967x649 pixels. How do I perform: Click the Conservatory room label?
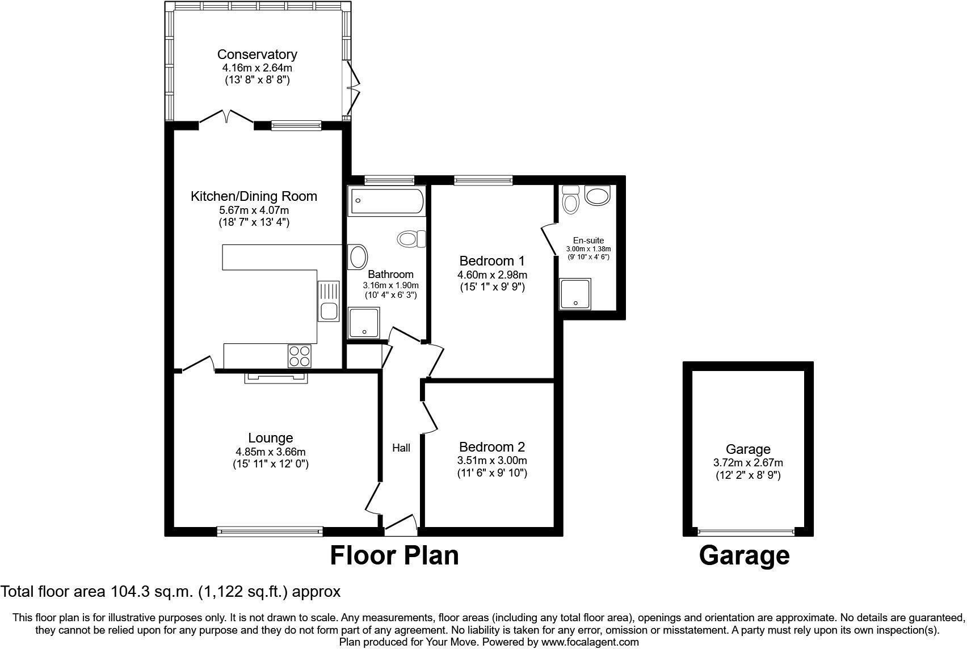pos(257,54)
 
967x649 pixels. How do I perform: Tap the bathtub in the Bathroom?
pos(388,201)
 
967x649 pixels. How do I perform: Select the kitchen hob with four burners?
pos(300,356)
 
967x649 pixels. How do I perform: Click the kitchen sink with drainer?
pos(328,301)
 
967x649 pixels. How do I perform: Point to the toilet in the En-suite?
pos(570,200)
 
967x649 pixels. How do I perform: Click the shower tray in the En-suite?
pos(575,294)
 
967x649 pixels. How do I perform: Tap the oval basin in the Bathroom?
pos(359,256)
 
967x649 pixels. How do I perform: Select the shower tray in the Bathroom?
pos(364,323)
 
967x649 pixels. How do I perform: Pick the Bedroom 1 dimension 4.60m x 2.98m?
pos(492,275)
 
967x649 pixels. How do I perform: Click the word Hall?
pos(401,448)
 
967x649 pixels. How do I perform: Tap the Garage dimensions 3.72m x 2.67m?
pos(748,463)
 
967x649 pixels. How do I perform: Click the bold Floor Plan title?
pos(394,555)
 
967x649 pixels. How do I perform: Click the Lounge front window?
pos(270,532)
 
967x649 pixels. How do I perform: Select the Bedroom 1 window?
pos(483,180)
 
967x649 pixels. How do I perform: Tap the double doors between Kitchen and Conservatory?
pos(226,117)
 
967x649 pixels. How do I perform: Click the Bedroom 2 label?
pos(492,447)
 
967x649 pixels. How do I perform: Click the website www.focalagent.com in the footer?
pos(590,642)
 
